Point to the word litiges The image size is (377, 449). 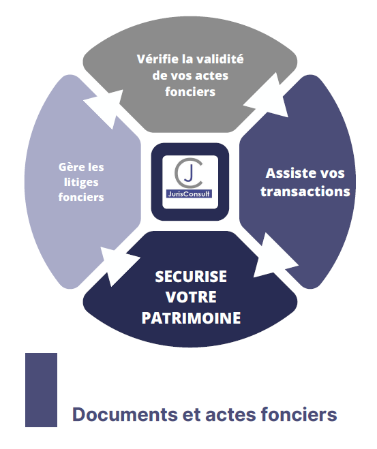point(81,183)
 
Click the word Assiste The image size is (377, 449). point(288,173)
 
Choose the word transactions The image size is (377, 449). point(305,191)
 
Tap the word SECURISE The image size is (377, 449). point(191,277)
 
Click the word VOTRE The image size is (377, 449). point(191,297)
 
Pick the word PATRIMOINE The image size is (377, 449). point(191,318)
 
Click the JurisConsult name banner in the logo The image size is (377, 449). point(189,194)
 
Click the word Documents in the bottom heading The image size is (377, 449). point(125,414)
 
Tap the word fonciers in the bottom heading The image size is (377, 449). point(299,414)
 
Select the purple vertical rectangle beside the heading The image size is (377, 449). point(42,390)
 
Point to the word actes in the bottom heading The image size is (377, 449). point(230,415)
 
